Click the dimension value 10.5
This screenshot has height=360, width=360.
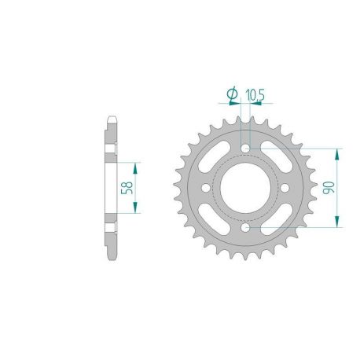[x=254, y=96]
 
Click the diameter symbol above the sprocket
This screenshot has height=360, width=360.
[x=233, y=95]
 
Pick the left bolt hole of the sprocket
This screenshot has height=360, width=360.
[x=208, y=188]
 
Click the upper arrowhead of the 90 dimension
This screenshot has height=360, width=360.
[x=337, y=152]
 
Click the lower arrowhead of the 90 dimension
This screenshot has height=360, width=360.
[x=337, y=223]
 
